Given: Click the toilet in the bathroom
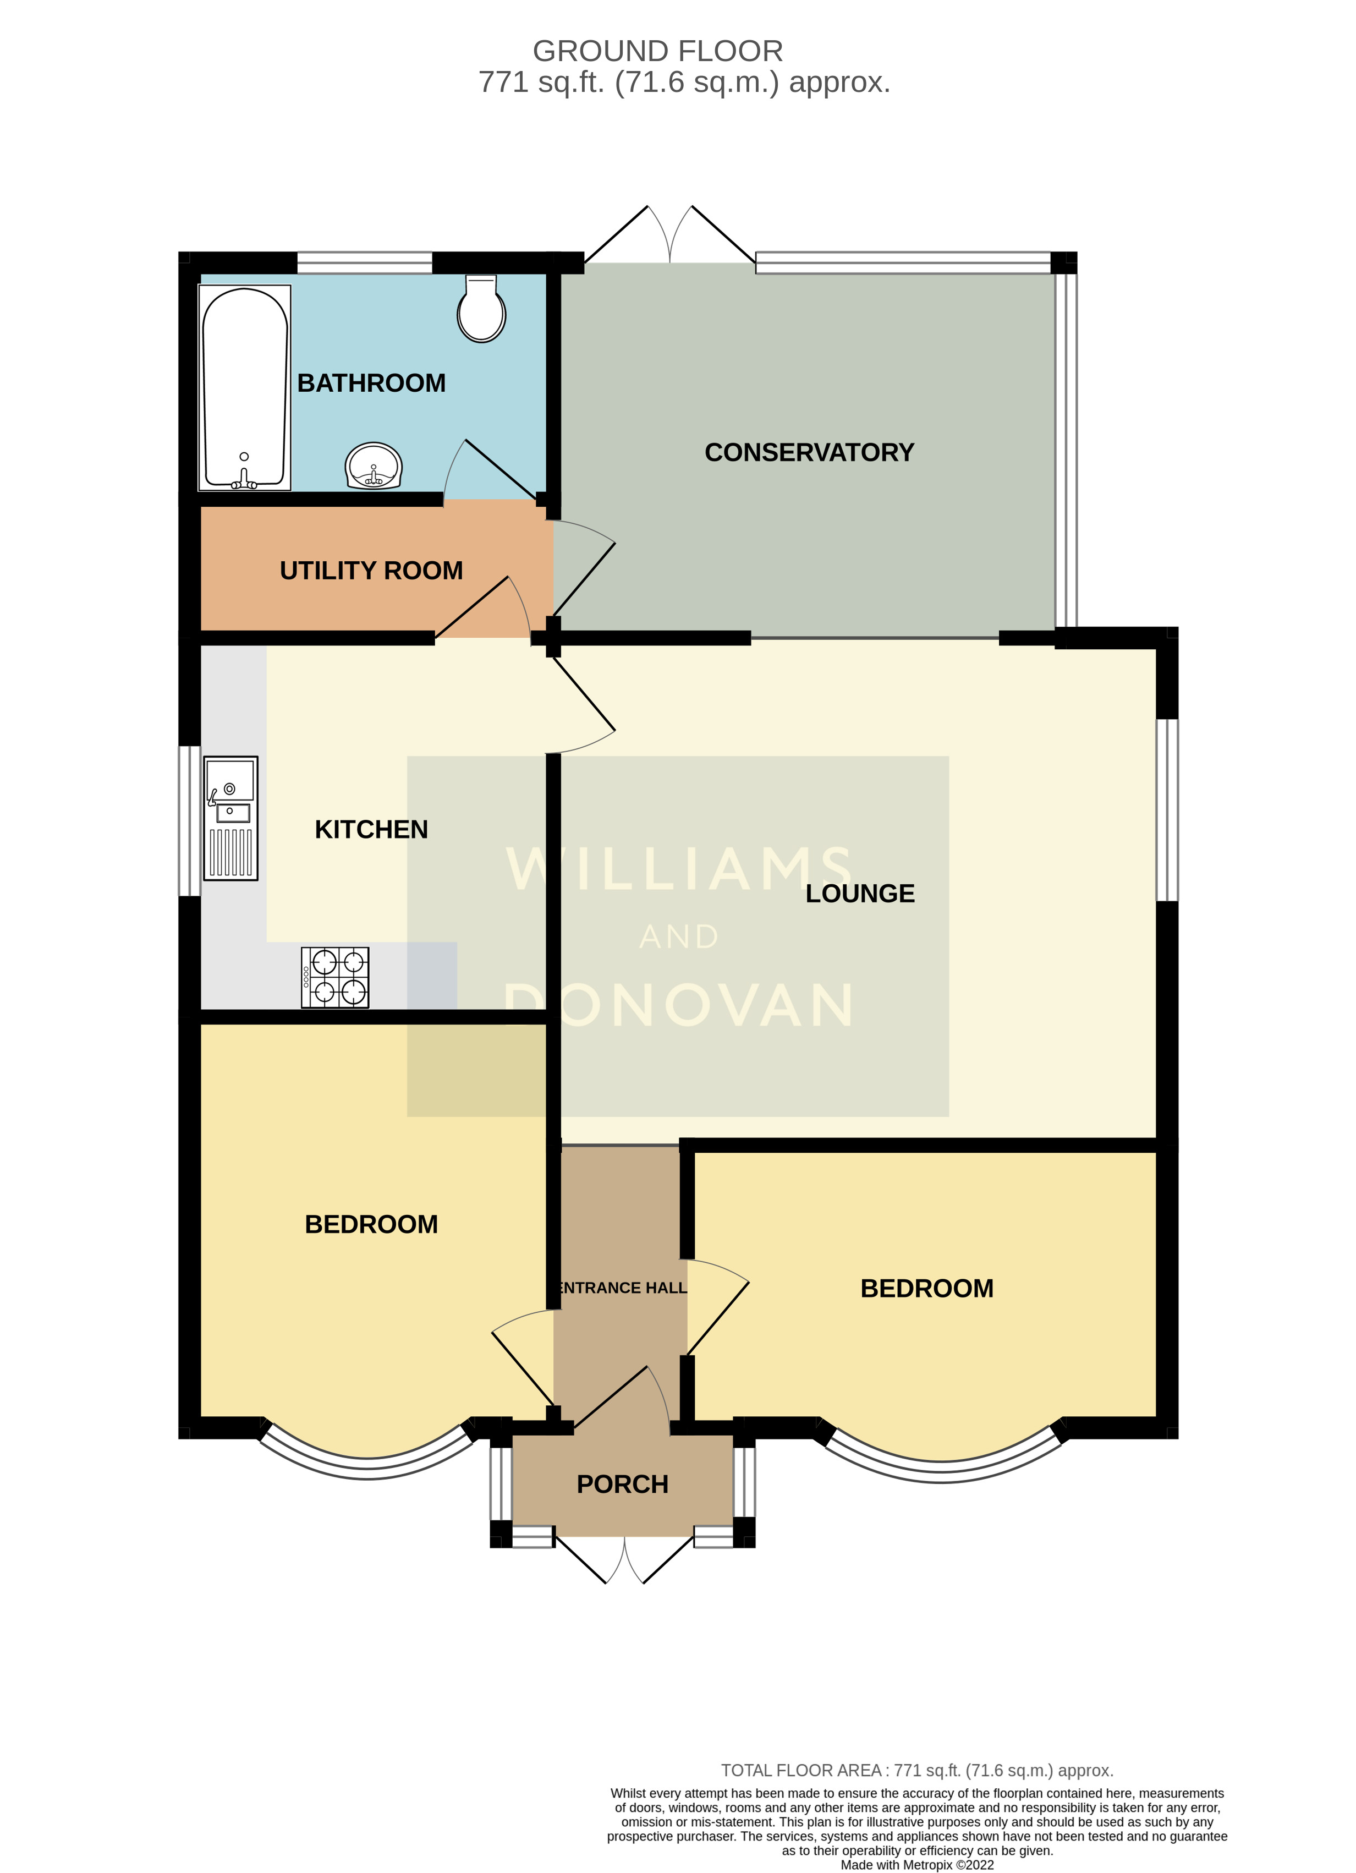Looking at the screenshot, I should point(481,310).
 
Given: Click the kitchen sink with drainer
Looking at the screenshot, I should point(230,818).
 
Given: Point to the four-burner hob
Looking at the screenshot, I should point(335,977).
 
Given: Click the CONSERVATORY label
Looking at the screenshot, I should point(809,452).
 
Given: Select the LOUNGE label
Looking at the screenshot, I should point(860,894).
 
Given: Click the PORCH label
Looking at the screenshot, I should point(622,1484).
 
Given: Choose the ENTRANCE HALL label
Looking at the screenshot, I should point(622,1288).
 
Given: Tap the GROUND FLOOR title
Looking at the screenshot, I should point(657,51).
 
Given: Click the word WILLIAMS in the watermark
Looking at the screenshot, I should point(679,869).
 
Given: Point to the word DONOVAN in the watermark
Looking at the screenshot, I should point(679,1005).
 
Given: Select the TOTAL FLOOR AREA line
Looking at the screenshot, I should point(916,1771).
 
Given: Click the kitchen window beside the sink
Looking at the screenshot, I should point(190,821).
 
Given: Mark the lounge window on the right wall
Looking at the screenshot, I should point(1166,809).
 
